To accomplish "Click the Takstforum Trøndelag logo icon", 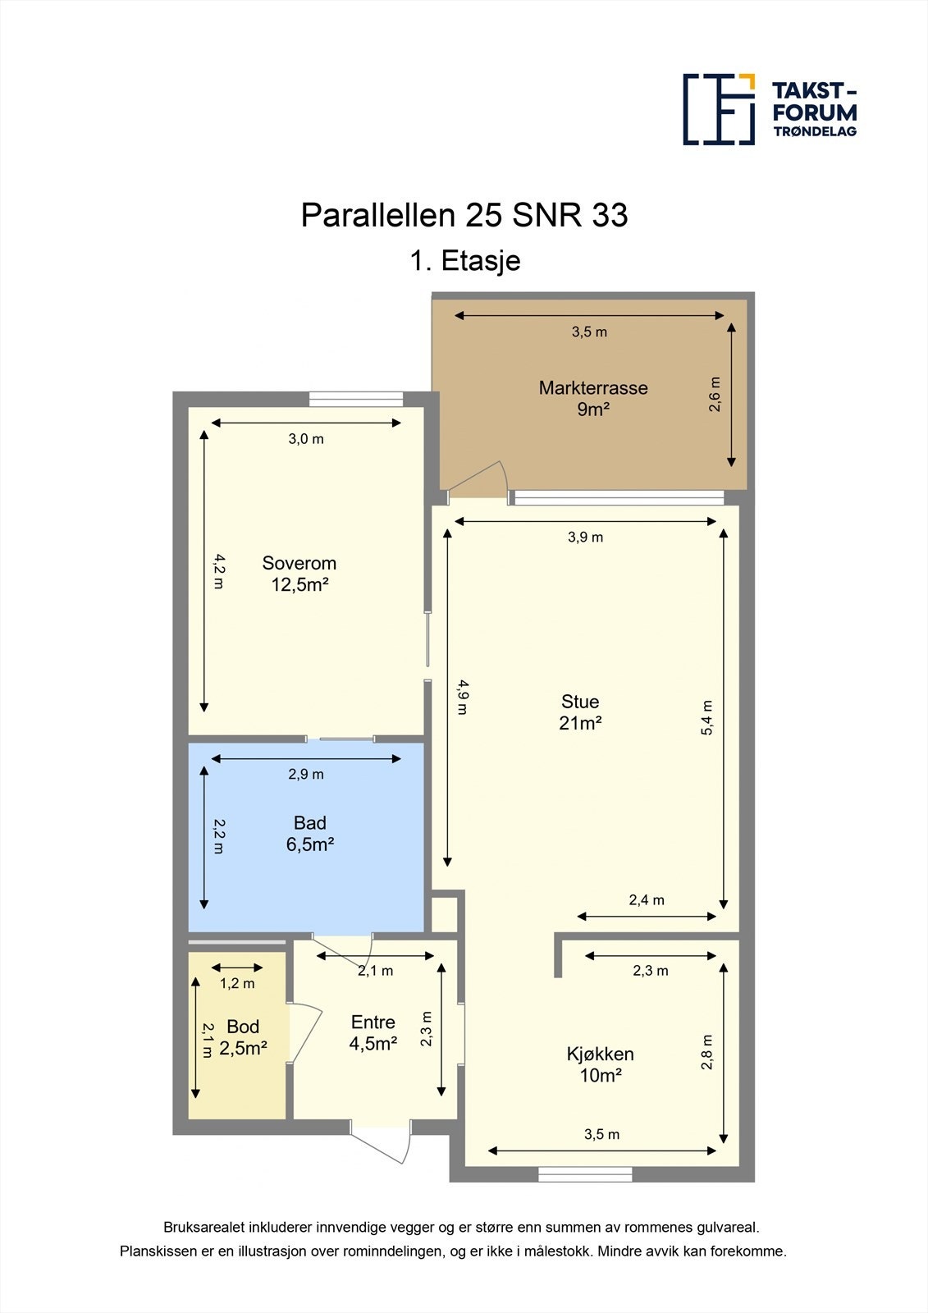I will [x=719, y=109].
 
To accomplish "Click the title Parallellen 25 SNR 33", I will [x=464, y=215].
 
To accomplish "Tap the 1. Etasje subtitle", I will [x=464, y=261].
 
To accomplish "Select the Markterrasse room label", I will [x=593, y=398].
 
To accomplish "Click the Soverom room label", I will [x=299, y=574].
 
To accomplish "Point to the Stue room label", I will [x=580, y=712].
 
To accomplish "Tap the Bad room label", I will [x=310, y=833].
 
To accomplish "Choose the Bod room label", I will [x=243, y=1037].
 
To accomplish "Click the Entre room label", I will [x=373, y=1032].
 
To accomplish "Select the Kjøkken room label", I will [x=601, y=1064].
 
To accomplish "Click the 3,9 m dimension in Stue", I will [x=585, y=538].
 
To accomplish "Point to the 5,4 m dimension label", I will [x=707, y=717].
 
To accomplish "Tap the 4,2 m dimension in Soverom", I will [x=218, y=571].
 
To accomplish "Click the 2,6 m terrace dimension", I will [x=715, y=394].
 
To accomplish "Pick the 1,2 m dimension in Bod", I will [x=237, y=983].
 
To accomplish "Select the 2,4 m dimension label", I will [x=647, y=900].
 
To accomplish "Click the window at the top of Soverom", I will [x=356, y=399].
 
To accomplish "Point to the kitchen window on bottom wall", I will [x=585, y=1174].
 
